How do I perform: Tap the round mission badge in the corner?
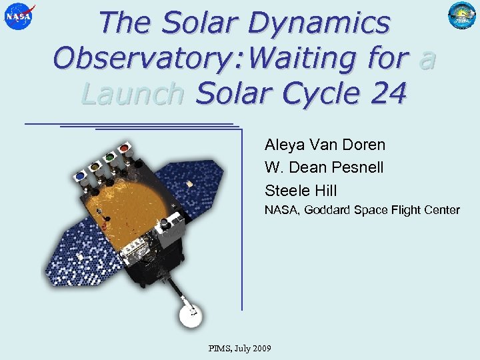point(461,17)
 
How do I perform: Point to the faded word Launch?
point(132,94)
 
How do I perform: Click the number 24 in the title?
point(385,94)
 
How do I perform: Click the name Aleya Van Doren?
point(325,145)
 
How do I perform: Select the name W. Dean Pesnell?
point(324,167)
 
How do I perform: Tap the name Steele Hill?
point(301,191)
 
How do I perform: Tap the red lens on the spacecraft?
point(124,147)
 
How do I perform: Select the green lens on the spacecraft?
point(109,157)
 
